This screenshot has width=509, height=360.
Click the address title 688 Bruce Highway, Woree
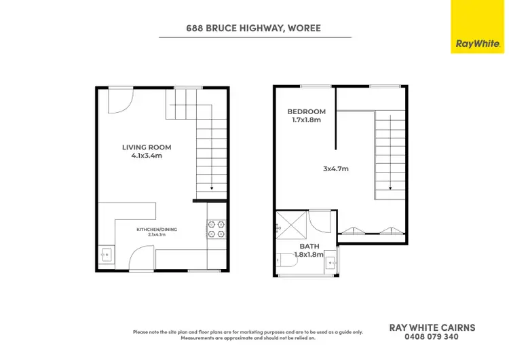254,29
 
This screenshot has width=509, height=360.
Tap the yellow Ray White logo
478,26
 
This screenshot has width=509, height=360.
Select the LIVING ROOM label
147,147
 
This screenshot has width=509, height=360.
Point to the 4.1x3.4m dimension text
147,156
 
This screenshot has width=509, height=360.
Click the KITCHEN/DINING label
157,230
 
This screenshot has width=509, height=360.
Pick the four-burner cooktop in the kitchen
216,228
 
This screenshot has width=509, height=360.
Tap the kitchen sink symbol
106,255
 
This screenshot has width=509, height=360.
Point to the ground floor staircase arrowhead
212,189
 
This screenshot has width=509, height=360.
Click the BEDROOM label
306,111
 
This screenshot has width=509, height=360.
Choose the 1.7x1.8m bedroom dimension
306,120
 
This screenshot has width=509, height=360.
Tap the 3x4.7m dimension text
335,168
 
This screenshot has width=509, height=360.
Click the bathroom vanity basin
331,259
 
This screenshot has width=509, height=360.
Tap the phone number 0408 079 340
432,336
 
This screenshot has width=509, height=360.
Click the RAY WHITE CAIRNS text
432,327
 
